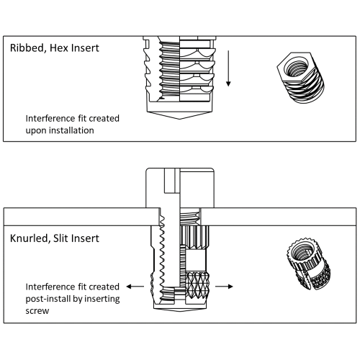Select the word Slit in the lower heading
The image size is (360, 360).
[x=60, y=238]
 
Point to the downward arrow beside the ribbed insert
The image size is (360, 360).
[x=228, y=68]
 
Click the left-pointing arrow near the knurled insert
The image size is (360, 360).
[x=135, y=287]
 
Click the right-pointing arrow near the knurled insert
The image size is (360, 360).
[x=224, y=287]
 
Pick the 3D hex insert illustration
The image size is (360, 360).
[x=301, y=78]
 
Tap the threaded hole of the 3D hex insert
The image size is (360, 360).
[x=296, y=68]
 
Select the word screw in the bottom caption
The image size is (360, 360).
[x=37, y=311]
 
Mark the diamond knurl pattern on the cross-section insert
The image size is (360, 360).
[x=197, y=285]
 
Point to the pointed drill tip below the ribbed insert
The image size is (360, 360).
[x=179, y=115]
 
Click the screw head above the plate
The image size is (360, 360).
[x=180, y=188]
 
